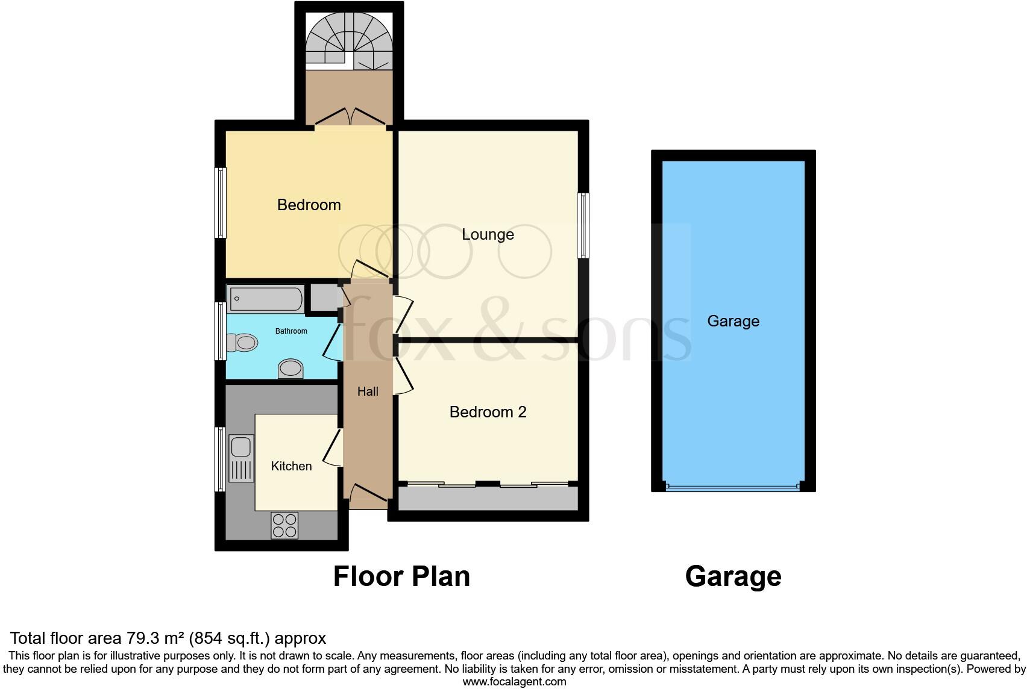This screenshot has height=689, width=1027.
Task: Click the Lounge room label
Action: pyautogui.click(x=488, y=234)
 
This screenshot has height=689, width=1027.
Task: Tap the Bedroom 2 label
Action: pyautogui.click(x=488, y=412)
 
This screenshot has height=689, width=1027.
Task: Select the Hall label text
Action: pyautogui.click(x=368, y=391)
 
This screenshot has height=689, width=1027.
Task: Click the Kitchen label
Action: pyautogui.click(x=291, y=466)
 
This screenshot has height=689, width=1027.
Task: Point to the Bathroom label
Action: pyautogui.click(x=291, y=331)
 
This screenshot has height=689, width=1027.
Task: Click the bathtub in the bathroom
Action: pyautogui.click(x=266, y=299)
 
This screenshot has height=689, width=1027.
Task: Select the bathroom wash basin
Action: pyautogui.click(x=291, y=368)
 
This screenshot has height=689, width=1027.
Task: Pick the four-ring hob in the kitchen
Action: pyautogui.click(x=284, y=525)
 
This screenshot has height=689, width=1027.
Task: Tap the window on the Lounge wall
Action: pyautogui.click(x=583, y=225)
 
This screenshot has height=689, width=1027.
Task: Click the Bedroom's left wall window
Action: pyautogui.click(x=221, y=202)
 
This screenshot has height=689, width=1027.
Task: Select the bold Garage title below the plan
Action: pyautogui.click(x=733, y=576)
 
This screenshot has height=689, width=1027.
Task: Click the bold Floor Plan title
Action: pyautogui.click(x=401, y=576)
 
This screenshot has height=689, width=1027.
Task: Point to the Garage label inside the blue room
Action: pyautogui.click(x=733, y=321)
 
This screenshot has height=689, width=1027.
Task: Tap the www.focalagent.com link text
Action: pyautogui.click(x=514, y=682)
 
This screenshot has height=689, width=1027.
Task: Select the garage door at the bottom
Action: pyautogui.click(x=733, y=487)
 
